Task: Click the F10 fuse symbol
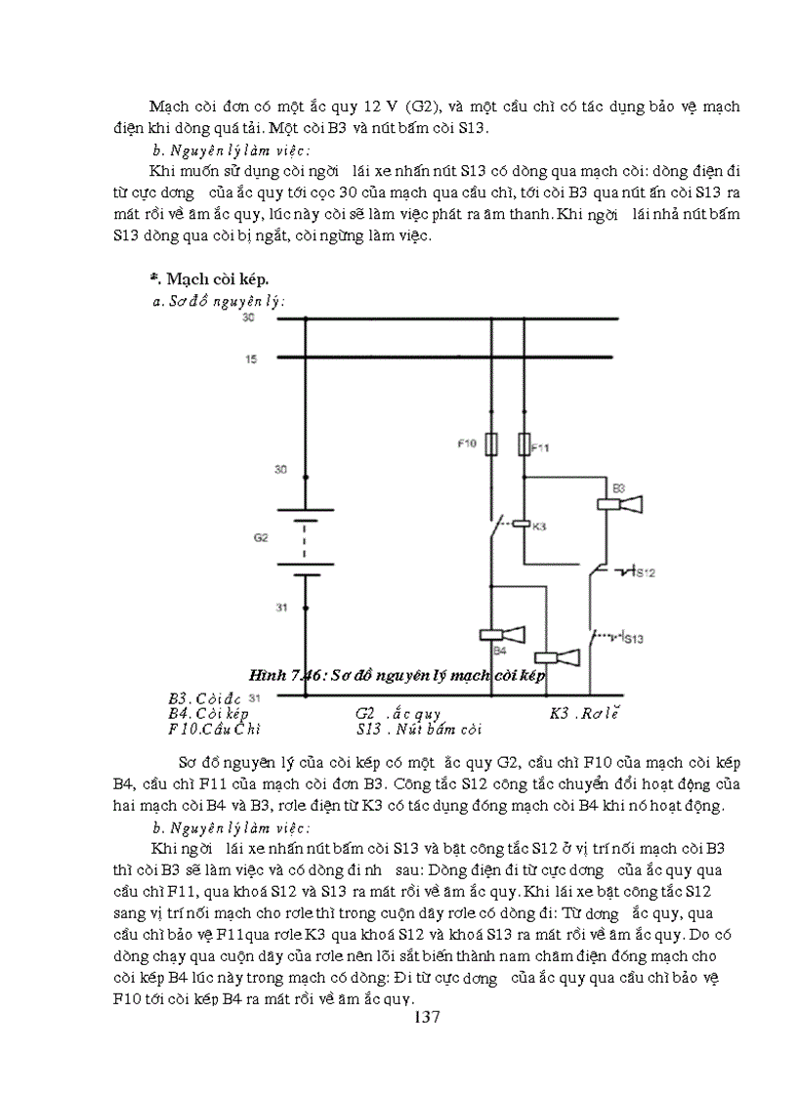[x=490, y=444]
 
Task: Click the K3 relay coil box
[x=521, y=525]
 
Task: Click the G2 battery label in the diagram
[x=260, y=537]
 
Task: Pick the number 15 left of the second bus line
[x=251, y=360]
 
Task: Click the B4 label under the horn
[x=498, y=650]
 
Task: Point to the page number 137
[x=427, y=1017]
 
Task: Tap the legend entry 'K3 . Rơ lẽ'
[x=585, y=713]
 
